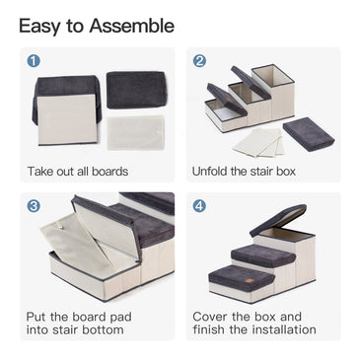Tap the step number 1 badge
[x=34, y=61]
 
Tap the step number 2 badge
[x=199, y=61]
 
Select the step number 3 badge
[x=34, y=207]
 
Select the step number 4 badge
[x=199, y=207]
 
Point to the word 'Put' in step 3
[x=38, y=318]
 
